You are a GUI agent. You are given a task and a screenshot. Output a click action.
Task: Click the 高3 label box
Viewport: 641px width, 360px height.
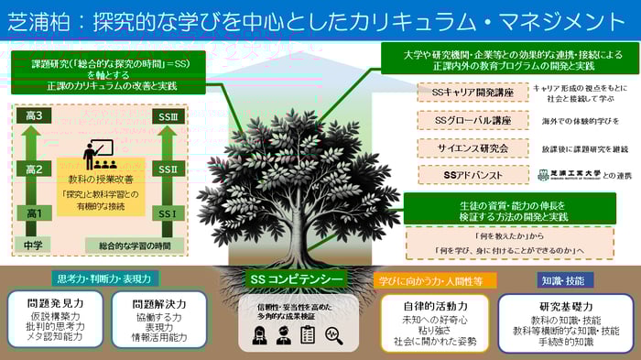coord(33,116)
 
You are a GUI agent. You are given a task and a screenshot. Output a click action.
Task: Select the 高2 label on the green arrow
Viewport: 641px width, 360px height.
coord(33,169)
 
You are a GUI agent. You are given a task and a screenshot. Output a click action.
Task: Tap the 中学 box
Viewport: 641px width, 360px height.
coord(33,245)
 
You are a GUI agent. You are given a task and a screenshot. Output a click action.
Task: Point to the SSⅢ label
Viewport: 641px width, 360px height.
coord(168,116)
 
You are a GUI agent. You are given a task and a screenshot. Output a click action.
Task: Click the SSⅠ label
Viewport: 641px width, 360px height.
coord(168,213)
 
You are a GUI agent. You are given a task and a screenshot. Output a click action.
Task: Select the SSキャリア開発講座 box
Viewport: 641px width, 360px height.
coord(473,92)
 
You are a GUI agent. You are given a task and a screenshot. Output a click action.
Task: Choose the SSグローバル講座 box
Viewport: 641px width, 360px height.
coord(473,119)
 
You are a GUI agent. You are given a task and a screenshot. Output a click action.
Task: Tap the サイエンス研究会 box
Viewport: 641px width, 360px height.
coord(473,147)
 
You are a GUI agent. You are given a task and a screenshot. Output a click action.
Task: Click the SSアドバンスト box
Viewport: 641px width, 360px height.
coord(473,174)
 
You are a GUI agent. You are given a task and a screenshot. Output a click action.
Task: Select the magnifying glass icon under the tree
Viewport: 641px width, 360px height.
coord(335,335)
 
